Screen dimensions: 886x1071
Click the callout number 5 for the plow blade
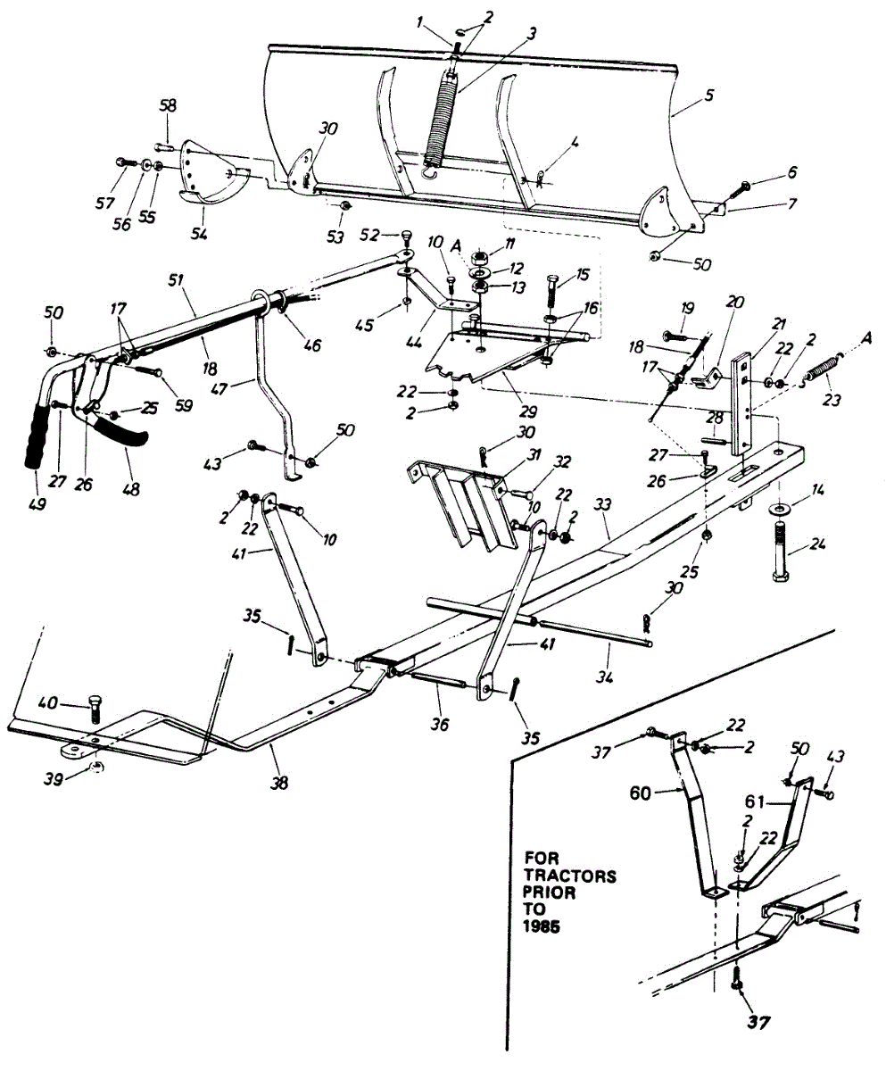[x=708, y=95]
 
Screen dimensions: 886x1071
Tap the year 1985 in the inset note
[x=541, y=927]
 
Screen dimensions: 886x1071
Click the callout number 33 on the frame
[x=603, y=505]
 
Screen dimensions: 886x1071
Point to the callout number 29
[x=527, y=411]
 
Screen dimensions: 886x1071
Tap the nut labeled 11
[x=481, y=255]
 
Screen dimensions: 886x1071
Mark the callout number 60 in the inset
[x=641, y=793]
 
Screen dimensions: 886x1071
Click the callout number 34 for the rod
[x=606, y=678]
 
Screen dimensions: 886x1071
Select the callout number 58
[x=168, y=105]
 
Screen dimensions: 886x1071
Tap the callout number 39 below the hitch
[x=54, y=780]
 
